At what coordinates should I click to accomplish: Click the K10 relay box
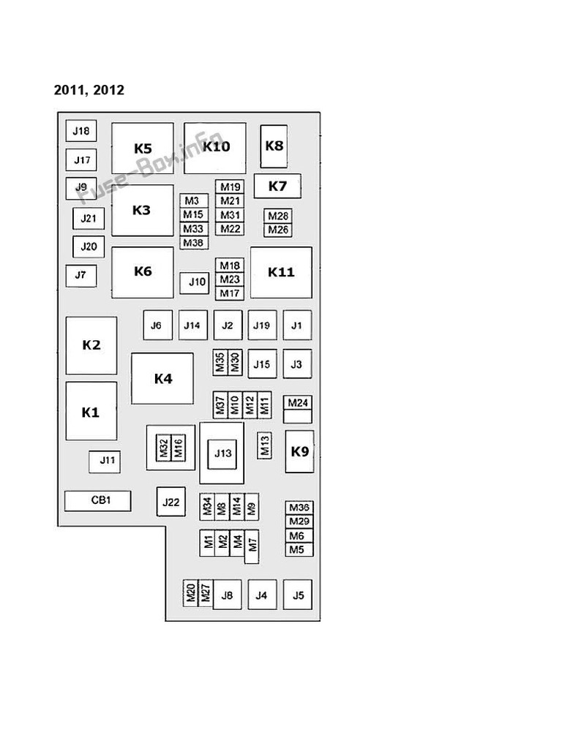215,148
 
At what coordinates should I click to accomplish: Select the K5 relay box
143,148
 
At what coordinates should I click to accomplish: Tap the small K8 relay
274,146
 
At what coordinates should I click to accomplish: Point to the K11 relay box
281,272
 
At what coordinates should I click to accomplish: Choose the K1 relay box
91,411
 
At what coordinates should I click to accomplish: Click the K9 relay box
299,451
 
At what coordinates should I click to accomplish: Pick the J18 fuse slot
81,131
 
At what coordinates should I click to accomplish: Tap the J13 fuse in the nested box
222,453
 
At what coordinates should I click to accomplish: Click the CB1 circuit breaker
98,500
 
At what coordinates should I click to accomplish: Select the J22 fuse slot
171,502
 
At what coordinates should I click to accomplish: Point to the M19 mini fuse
230,187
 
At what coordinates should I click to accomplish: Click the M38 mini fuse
194,243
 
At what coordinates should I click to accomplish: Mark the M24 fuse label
298,402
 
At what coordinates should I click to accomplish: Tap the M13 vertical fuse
265,445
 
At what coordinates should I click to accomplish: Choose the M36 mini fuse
299,508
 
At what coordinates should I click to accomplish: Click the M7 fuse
252,546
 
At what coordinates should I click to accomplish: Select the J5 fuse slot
298,595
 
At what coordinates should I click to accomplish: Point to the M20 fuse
190,593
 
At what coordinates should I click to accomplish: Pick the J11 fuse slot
105,461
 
